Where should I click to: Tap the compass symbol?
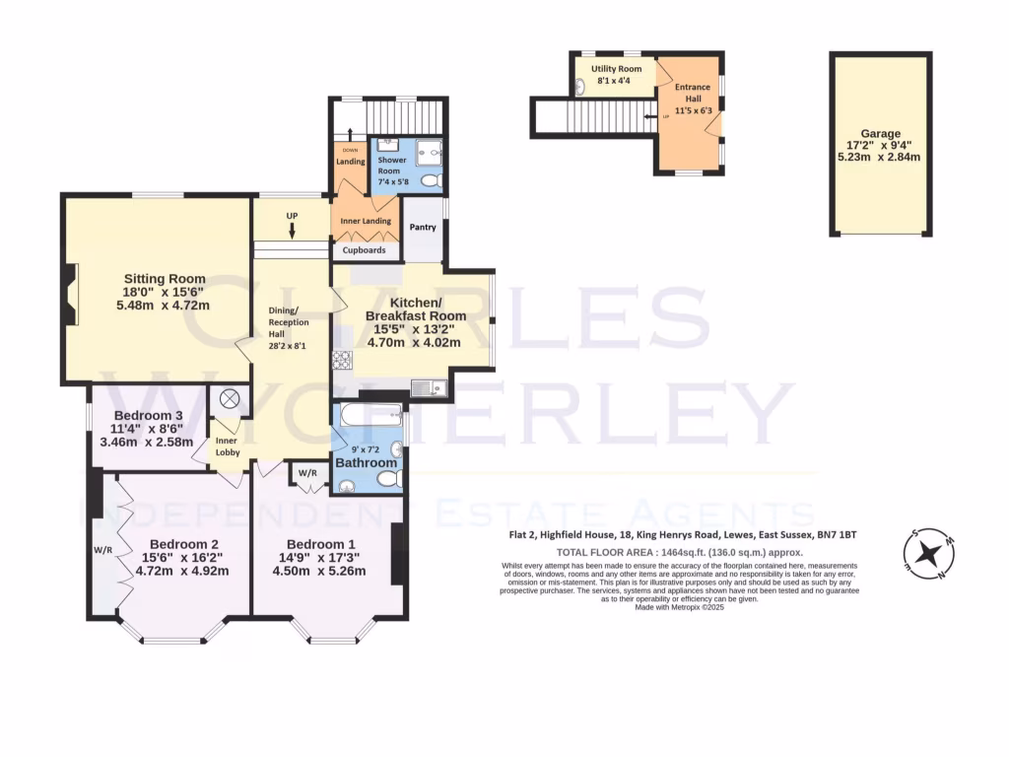[x=927, y=555]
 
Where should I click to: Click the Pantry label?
[x=423, y=228]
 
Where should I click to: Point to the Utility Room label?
[x=616, y=69]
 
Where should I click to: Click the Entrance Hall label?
[x=692, y=94]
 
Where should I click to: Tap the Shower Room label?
[x=391, y=166]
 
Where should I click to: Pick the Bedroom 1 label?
[x=321, y=545]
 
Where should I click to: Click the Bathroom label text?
[x=367, y=462]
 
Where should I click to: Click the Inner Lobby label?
[x=228, y=446]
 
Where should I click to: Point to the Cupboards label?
[x=364, y=250]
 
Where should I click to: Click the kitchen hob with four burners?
[x=342, y=360]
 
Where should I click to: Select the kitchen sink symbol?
[x=429, y=387]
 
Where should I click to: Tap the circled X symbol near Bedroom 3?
[x=230, y=398]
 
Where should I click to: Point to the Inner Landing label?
[x=366, y=221]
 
